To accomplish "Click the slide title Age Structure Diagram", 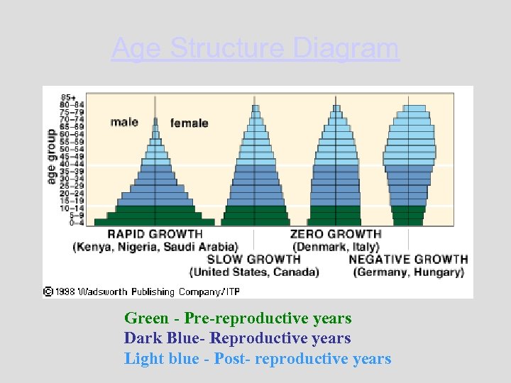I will (255, 49).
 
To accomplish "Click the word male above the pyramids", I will (124, 122).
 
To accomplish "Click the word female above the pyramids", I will (189, 123).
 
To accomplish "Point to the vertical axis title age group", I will (51, 157).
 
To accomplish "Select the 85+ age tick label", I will (70, 97).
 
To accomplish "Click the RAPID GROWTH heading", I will (155, 234).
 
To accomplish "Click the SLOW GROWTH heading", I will (253, 260).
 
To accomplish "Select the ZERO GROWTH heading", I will (336, 234).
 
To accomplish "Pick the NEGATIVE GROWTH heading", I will (408, 260).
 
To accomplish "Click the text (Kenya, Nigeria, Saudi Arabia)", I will (155, 247).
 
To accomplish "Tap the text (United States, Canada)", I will (253, 272).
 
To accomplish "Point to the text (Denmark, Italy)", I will (336, 247).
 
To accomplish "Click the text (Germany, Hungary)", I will (409, 272).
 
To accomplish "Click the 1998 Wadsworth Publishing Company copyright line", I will (142, 291).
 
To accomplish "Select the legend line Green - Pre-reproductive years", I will (238, 318).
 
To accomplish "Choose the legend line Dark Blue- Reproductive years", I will (237, 338).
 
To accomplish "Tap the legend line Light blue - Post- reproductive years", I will (258, 358).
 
